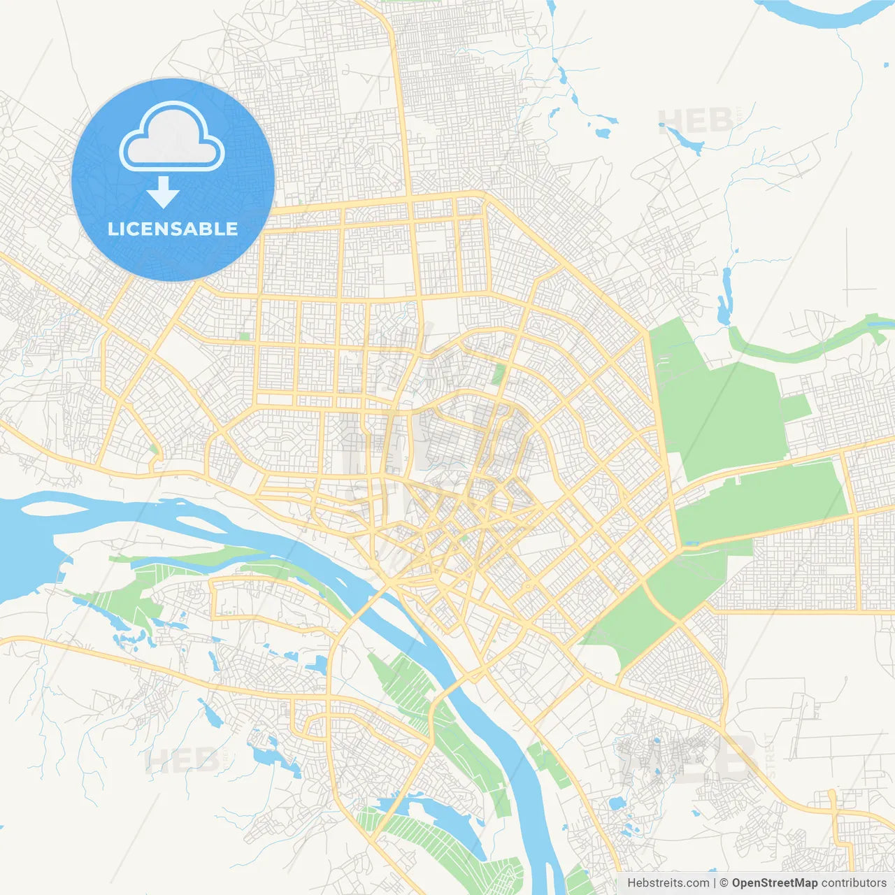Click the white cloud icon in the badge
click(172, 137)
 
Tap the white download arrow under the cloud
click(163, 192)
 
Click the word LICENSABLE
click(173, 229)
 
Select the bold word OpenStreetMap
click(775, 883)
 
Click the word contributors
click(854, 883)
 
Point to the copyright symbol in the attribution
click(724, 883)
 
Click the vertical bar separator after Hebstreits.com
click(715, 883)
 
